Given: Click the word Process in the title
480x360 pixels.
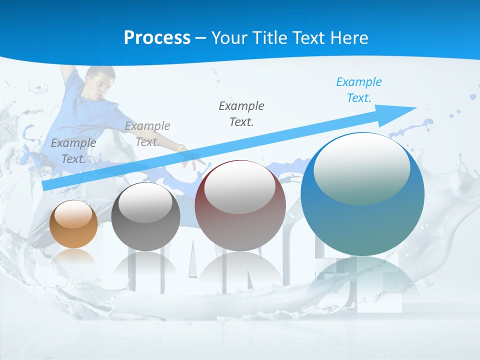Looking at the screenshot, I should coord(157,37).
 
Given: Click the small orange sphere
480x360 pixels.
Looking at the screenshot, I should coord(73,224).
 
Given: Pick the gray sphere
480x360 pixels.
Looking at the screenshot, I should coord(145,217).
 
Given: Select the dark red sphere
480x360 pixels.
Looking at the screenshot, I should coord(240,206).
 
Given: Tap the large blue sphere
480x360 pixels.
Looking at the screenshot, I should coord(362,200).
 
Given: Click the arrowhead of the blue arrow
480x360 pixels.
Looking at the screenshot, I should coord(400,110).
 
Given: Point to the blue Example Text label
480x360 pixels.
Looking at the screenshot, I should coord(359,90).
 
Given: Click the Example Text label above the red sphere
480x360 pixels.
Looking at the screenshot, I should coord(241,113).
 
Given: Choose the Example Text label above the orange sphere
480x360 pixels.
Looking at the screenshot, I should coord(73,150).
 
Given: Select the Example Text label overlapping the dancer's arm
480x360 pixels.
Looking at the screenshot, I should coord(147,133).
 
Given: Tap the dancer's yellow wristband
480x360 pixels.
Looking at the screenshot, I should coord(181,148).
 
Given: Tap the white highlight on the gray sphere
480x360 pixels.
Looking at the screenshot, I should coord(145,202).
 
